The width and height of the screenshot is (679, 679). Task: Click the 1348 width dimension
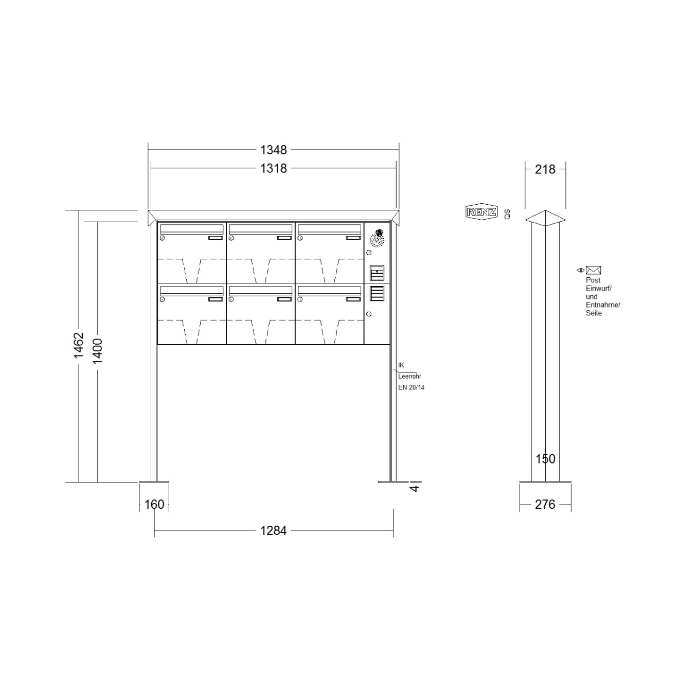(x=273, y=150)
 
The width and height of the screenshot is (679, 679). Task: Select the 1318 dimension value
(x=273, y=168)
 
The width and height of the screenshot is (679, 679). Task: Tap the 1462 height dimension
(x=79, y=345)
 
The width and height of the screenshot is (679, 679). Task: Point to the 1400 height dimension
(x=97, y=351)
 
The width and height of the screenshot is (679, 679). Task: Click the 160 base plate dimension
(x=154, y=504)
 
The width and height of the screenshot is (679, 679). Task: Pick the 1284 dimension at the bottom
(x=273, y=530)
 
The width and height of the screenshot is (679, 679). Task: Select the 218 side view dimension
(x=545, y=169)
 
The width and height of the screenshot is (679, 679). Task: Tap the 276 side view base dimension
(x=545, y=505)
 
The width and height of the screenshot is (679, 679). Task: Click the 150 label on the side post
(x=545, y=459)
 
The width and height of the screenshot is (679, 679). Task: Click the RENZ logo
(x=481, y=212)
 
